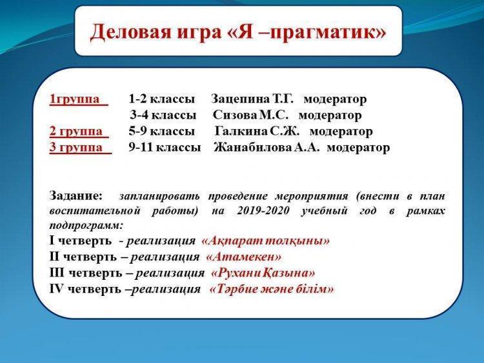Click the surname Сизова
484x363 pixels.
pyautogui.click(x=235, y=115)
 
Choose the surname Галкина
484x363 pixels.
pyautogui.click(x=241, y=132)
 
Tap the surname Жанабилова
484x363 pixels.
pyautogui.click(x=252, y=148)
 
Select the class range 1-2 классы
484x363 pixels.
pyautogui.click(x=162, y=99)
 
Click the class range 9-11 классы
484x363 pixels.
pyautogui.click(x=165, y=148)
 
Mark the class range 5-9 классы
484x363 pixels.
pyautogui.click(x=162, y=132)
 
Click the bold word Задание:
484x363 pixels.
pyautogui.click(x=76, y=196)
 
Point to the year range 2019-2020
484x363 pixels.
pyautogui.click(x=263, y=211)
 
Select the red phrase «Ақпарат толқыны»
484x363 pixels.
pyautogui.click(x=265, y=240)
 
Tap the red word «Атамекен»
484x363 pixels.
pyautogui.click(x=243, y=257)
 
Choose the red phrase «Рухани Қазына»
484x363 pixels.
pyautogui.click(x=263, y=273)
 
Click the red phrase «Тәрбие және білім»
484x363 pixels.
pyautogui.click(x=272, y=289)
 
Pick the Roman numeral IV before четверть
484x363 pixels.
pyautogui.click(x=56, y=289)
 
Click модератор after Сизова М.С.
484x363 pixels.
pyautogui.click(x=330, y=115)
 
